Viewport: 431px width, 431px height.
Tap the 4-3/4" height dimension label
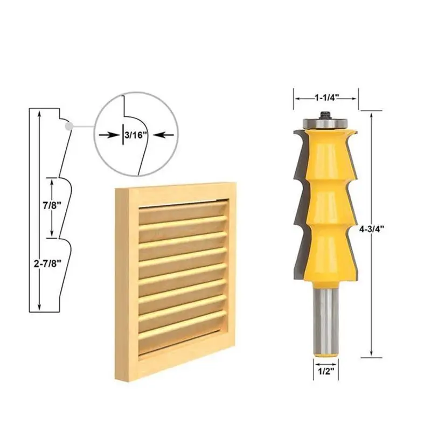(x=371, y=228)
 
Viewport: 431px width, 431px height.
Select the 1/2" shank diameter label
(x=323, y=371)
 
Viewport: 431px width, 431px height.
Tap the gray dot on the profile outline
(x=67, y=126)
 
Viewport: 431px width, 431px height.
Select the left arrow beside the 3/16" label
(x=110, y=135)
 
